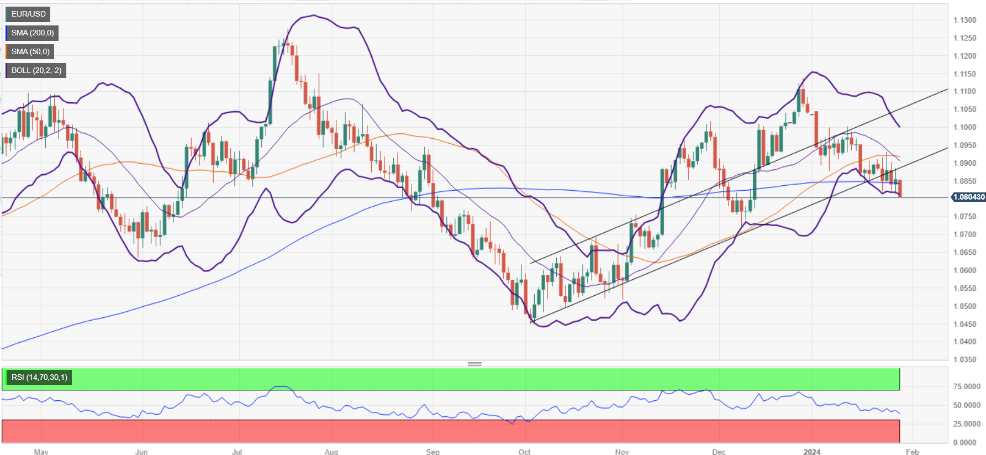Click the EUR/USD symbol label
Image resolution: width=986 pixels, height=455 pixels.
coord(28,14)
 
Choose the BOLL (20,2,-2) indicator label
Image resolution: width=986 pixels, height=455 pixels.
coord(36,70)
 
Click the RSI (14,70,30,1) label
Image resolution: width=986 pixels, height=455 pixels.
coord(39,377)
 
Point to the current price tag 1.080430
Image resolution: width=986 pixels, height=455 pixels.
coord(968,197)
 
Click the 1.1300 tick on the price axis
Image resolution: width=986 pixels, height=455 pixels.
coord(964,20)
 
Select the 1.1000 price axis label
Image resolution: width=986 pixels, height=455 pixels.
coord(964,127)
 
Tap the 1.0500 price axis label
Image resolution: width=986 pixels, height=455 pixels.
coord(964,306)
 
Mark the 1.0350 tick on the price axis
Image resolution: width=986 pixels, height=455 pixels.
coord(964,359)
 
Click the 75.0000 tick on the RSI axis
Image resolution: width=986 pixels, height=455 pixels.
coord(967,386)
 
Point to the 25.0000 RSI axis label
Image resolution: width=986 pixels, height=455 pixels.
coord(967,424)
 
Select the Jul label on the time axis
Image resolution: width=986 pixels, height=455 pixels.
coord(237,452)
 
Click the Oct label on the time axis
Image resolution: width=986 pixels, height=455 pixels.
coord(524,452)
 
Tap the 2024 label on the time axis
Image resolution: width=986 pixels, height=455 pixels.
coord(811,452)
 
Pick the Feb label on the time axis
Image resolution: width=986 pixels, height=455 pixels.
coord(912,452)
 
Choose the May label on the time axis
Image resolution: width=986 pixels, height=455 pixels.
coord(41,452)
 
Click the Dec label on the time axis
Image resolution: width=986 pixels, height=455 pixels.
coord(719,452)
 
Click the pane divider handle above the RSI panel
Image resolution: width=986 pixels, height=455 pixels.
coord(474,364)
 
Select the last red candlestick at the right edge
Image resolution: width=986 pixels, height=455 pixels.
coord(900,188)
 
